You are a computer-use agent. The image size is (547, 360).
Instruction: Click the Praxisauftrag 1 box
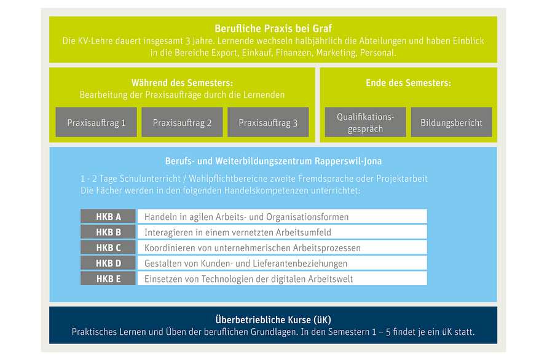(96, 122)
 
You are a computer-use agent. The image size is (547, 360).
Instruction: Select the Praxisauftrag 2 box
(182, 122)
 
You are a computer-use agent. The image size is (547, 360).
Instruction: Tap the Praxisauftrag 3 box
(268, 122)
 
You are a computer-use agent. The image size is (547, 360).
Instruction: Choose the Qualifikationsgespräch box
(365, 122)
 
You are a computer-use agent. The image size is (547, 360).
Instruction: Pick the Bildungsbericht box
(451, 122)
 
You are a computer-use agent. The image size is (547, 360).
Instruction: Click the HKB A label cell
(108, 216)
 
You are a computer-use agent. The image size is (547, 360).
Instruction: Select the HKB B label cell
(108, 232)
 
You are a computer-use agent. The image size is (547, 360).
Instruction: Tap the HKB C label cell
(108, 248)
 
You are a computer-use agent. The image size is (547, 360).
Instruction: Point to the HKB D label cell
(108, 263)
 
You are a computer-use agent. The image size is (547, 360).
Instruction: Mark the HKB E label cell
(108, 278)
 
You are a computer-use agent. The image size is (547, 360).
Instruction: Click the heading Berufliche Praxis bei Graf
(273, 28)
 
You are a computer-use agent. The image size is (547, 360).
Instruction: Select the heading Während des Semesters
(182, 83)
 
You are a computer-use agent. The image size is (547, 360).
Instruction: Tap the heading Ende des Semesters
(408, 83)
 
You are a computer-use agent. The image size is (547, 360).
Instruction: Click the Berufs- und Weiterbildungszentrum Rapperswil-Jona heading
(273, 161)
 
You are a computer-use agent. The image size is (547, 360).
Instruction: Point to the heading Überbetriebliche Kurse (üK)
(273, 319)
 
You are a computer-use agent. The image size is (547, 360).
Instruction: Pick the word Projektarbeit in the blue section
(401, 179)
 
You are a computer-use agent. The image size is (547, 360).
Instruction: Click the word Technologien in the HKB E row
(227, 279)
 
